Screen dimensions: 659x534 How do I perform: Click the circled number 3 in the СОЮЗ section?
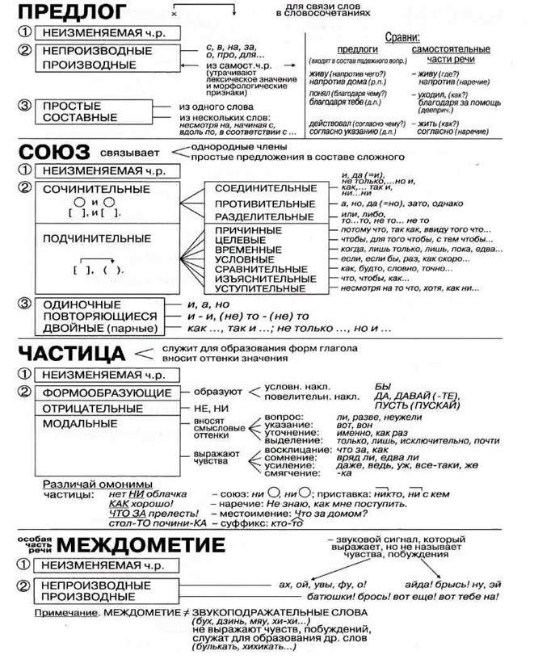click(x=25, y=304)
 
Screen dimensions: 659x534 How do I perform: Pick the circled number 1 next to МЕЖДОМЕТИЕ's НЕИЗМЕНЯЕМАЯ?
click(x=25, y=565)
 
